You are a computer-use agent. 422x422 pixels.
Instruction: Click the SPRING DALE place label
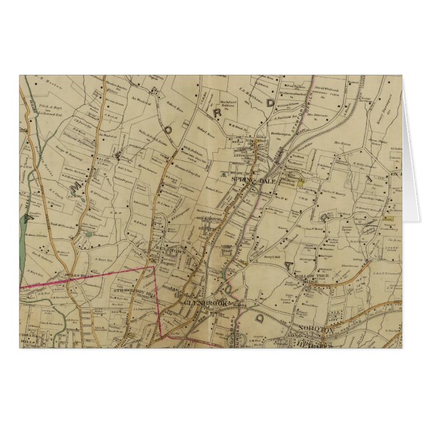tap(246, 177)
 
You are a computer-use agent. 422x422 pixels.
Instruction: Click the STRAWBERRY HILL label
tap(129, 291)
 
